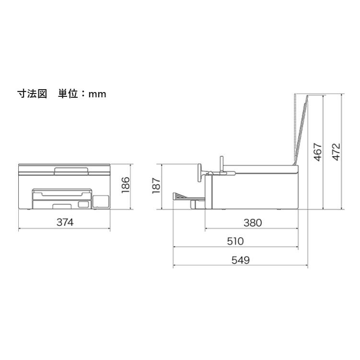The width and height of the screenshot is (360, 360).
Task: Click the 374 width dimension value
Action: click(65, 222)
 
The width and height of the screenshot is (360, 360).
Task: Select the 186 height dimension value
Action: click(126, 185)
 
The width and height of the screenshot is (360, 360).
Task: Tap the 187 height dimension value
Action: click(156, 186)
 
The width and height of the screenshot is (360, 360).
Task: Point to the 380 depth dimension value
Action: click(253, 223)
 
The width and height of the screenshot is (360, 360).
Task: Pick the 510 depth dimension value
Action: click(235, 241)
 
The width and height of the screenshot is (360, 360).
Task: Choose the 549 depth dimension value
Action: click(240, 260)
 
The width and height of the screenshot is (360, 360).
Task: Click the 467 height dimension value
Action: click(318, 152)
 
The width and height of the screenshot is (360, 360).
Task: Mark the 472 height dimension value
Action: click(337, 152)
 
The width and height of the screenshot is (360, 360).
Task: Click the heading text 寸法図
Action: click(32, 94)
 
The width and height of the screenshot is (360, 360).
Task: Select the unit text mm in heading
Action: click(97, 94)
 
